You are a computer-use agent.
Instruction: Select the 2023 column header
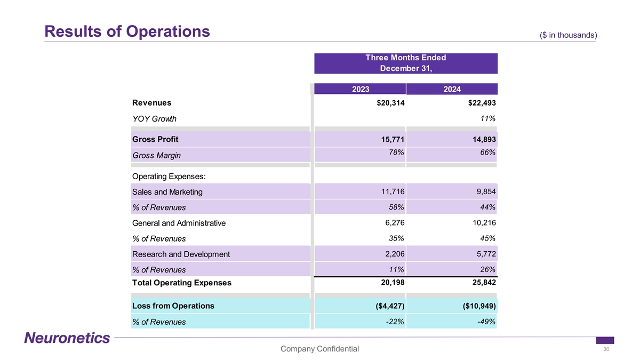point(361,90)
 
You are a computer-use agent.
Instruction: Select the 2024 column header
point(452,90)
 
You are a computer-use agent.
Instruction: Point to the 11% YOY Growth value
point(489,118)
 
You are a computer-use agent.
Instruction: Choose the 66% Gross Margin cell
point(489,153)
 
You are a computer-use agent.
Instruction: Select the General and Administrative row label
point(179,223)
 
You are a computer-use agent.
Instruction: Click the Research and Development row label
point(181,254)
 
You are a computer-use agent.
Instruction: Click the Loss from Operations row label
point(173,306)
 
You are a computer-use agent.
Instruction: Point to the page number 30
point(606,349)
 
